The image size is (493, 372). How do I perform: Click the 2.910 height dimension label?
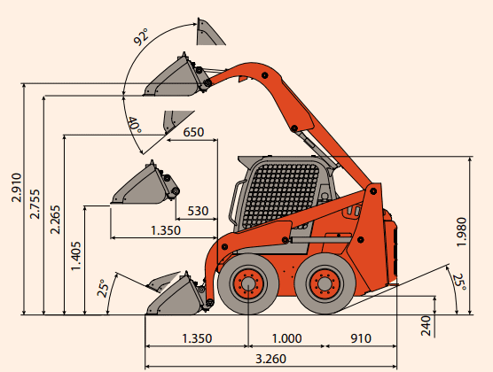coord(17,188)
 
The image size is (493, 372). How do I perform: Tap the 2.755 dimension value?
coord(35,204)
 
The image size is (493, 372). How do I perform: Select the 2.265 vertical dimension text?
coord(55,220)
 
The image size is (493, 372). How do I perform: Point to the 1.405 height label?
coord(75,256)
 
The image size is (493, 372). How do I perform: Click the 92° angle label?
coord(140,37)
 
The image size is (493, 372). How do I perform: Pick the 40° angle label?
coord(134,125)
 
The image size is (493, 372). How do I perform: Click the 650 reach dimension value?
coord(193,132)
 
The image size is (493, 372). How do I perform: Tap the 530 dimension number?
coord(198,211)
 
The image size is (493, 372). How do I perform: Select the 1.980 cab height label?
coord(462,232)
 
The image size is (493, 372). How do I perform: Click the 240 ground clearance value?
coord(426,326)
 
